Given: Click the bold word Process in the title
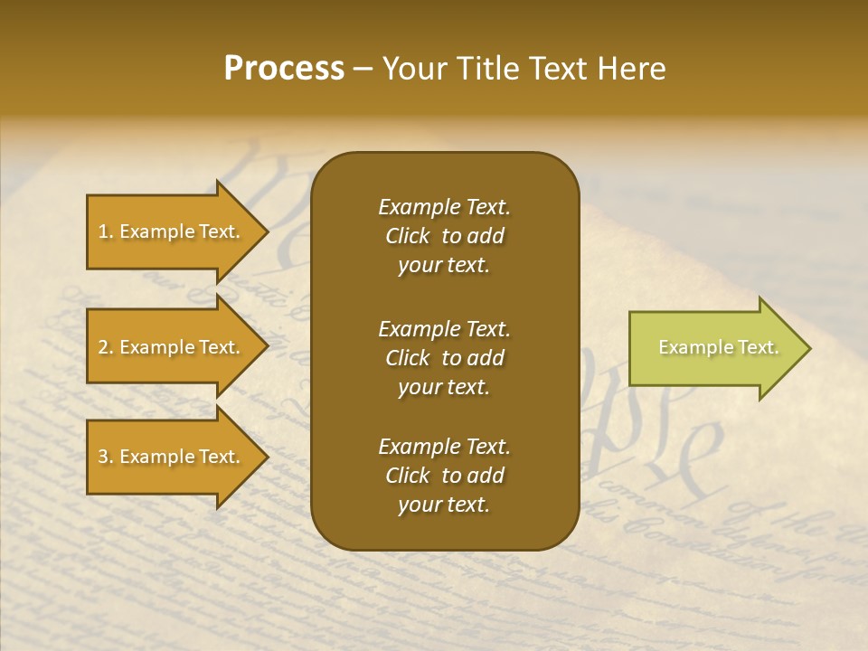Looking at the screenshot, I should click(x=284, y=69).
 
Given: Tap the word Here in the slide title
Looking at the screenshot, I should click(x=632, y=69).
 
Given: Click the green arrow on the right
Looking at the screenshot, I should click(x=714, y=347).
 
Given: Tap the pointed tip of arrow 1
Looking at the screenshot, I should click(x=266, y=231).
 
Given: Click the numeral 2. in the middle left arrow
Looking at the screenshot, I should click(x=106, y=347).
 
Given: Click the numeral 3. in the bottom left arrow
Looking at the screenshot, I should click(x=106, y=457).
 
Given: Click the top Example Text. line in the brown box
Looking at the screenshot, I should click(x=444, y=207).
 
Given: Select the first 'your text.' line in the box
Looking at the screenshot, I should click(x=444, y=266).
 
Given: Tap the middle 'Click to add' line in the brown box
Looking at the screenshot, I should click(x=444, y=358).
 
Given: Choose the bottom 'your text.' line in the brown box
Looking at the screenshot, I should click(x=444, y=505).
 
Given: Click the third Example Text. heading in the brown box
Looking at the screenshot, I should click(x=444, y=447).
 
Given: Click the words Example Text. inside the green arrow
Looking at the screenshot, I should click(x=718, y=347).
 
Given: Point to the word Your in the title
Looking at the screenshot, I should click(x=415, y=69).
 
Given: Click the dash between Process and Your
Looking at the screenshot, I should click(x=363, y=70).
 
